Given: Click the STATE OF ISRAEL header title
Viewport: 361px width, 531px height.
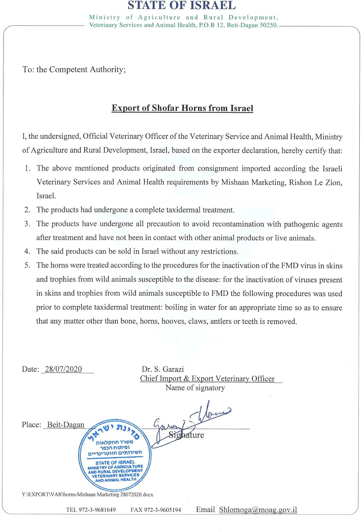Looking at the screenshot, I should tap(181, 6).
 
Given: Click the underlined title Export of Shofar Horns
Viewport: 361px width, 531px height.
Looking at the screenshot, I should tap(182, 108).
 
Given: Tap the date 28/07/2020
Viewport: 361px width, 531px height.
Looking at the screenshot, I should tap(63, 369).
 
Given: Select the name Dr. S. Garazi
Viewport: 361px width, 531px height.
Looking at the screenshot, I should tap(163, 369).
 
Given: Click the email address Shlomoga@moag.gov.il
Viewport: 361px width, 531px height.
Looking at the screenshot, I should tap(258, 510).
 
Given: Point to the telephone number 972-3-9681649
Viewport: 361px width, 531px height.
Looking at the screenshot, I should tap(97, 510).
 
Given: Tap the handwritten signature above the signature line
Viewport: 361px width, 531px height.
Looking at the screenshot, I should tap(191, 421).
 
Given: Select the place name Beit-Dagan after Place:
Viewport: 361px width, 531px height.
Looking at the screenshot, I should tap(66, 425).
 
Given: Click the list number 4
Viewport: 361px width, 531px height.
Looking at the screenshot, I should tap(27, 252).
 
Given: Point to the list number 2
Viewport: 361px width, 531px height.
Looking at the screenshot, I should tap(27, 210).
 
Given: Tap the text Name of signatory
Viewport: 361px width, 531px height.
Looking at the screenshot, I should tap(195, 388).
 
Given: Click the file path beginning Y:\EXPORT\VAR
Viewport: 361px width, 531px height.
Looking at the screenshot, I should tap(87, 495).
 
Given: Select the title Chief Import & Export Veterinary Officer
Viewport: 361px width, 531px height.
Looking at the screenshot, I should tap(207, 379).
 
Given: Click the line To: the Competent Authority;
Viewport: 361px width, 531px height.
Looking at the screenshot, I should tap(74, 69).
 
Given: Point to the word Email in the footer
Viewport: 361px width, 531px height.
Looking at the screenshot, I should tap(205, 510).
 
